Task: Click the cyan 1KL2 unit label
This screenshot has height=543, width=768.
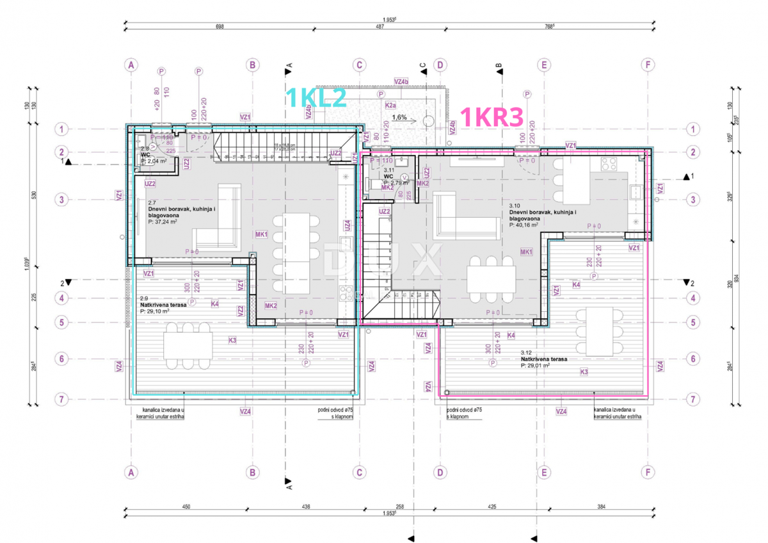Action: tap(316, 97)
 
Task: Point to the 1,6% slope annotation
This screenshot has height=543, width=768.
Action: tap(399, 117)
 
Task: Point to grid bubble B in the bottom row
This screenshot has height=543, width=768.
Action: tap(253, 473)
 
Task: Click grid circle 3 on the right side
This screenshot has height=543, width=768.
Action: tap(693, 200)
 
